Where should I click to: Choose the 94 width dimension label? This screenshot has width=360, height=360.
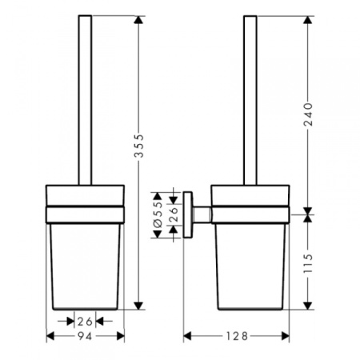click(x=84, y=336)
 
